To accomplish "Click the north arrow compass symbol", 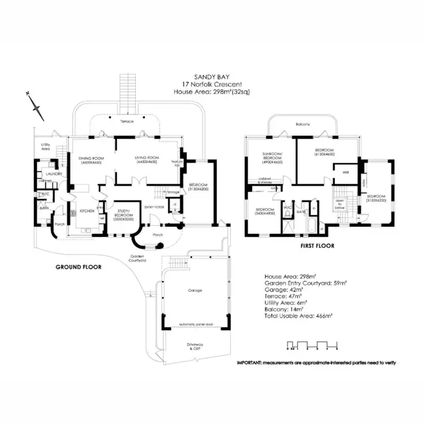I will (x=35, y=105).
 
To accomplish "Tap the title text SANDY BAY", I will (x=212, y=79).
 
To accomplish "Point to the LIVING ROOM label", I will (x=146, y=160).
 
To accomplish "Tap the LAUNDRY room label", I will (x=54, y=174).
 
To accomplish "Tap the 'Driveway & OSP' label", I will (x=194, y=347).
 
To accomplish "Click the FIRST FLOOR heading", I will (x=317, y=246).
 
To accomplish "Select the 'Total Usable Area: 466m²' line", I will (x=297, y=315).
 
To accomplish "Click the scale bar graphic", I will (x=312, y=345).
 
